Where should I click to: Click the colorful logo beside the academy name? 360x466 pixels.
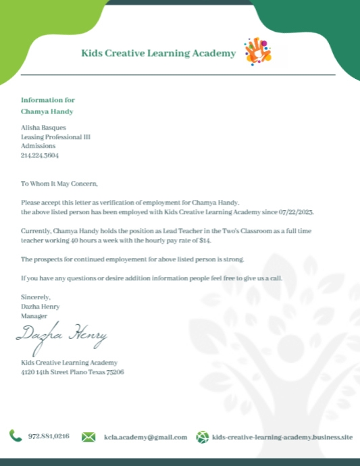point(257,52)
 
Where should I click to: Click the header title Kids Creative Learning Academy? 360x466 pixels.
point(158,53)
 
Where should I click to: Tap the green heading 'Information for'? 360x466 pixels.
point(48,99)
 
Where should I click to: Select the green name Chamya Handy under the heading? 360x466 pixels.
point(47,111)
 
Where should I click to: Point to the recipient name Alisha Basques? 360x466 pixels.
point(44,127)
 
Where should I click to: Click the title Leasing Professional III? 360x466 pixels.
point(55,136)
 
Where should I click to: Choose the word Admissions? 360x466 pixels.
point(38,146)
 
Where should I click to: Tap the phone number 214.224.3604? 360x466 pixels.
point(40,155)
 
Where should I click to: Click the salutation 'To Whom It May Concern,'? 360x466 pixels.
point(59,184)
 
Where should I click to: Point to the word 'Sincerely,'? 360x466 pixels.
point(36,297)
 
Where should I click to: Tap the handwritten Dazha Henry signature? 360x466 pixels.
point(61,334)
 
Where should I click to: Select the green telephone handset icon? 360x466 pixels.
point(16,436)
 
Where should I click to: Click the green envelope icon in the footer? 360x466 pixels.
point(88,437)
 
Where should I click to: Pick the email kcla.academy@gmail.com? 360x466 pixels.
point(145,437)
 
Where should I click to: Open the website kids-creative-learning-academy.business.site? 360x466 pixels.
point(282,437)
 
